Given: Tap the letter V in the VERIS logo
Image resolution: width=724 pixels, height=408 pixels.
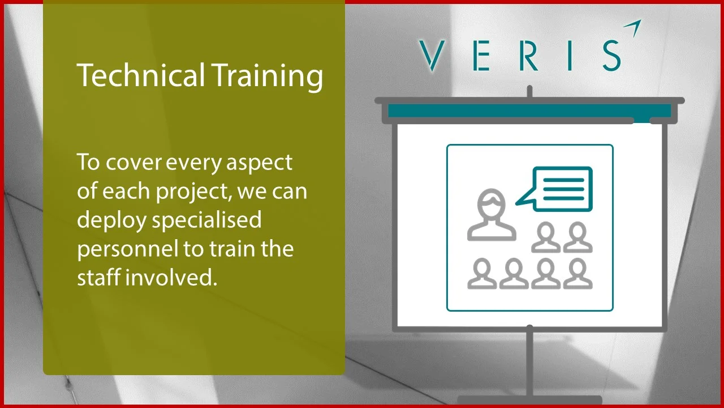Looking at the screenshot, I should point(433,56).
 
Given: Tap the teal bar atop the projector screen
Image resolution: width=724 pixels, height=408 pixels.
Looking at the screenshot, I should point(529,110).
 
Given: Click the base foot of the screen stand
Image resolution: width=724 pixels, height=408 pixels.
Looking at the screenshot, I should point(529,400).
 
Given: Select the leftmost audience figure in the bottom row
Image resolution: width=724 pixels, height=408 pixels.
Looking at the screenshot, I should point(482,274).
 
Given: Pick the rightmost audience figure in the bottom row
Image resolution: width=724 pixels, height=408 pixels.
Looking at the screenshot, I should point(578,274).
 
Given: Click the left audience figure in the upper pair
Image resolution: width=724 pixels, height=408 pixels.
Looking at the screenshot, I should point(546,237).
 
